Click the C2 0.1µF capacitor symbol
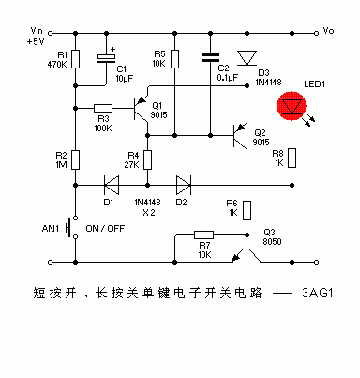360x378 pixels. coord(206,57)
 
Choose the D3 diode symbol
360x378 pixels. coord(246,58)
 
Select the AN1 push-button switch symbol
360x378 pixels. coord(74,228)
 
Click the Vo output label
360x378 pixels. coord(328,31)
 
